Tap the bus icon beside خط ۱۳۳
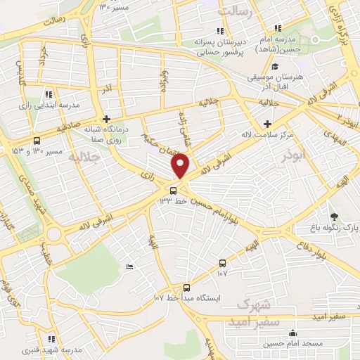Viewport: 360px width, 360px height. (x=174, y=191)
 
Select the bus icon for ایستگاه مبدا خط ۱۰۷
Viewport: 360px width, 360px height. (x=186, y=287)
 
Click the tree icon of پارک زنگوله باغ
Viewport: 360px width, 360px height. (x=333, y=217)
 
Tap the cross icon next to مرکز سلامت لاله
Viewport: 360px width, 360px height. (x=267, y=124)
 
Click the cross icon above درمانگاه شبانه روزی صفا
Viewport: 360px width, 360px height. (x=106, y=119)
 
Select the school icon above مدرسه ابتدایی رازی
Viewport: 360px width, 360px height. (x=48, y=94)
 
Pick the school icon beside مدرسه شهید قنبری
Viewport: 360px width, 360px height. (x=52, y=339)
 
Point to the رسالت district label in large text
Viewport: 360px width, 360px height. (x=236, y=11)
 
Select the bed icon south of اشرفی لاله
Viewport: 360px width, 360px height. (x=129, y=266)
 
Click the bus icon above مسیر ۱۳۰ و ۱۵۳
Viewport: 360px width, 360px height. (x=37, y=140)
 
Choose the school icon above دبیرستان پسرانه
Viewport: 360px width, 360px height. (x=220, y=30)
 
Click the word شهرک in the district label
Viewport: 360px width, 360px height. (x=254, y=304)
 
